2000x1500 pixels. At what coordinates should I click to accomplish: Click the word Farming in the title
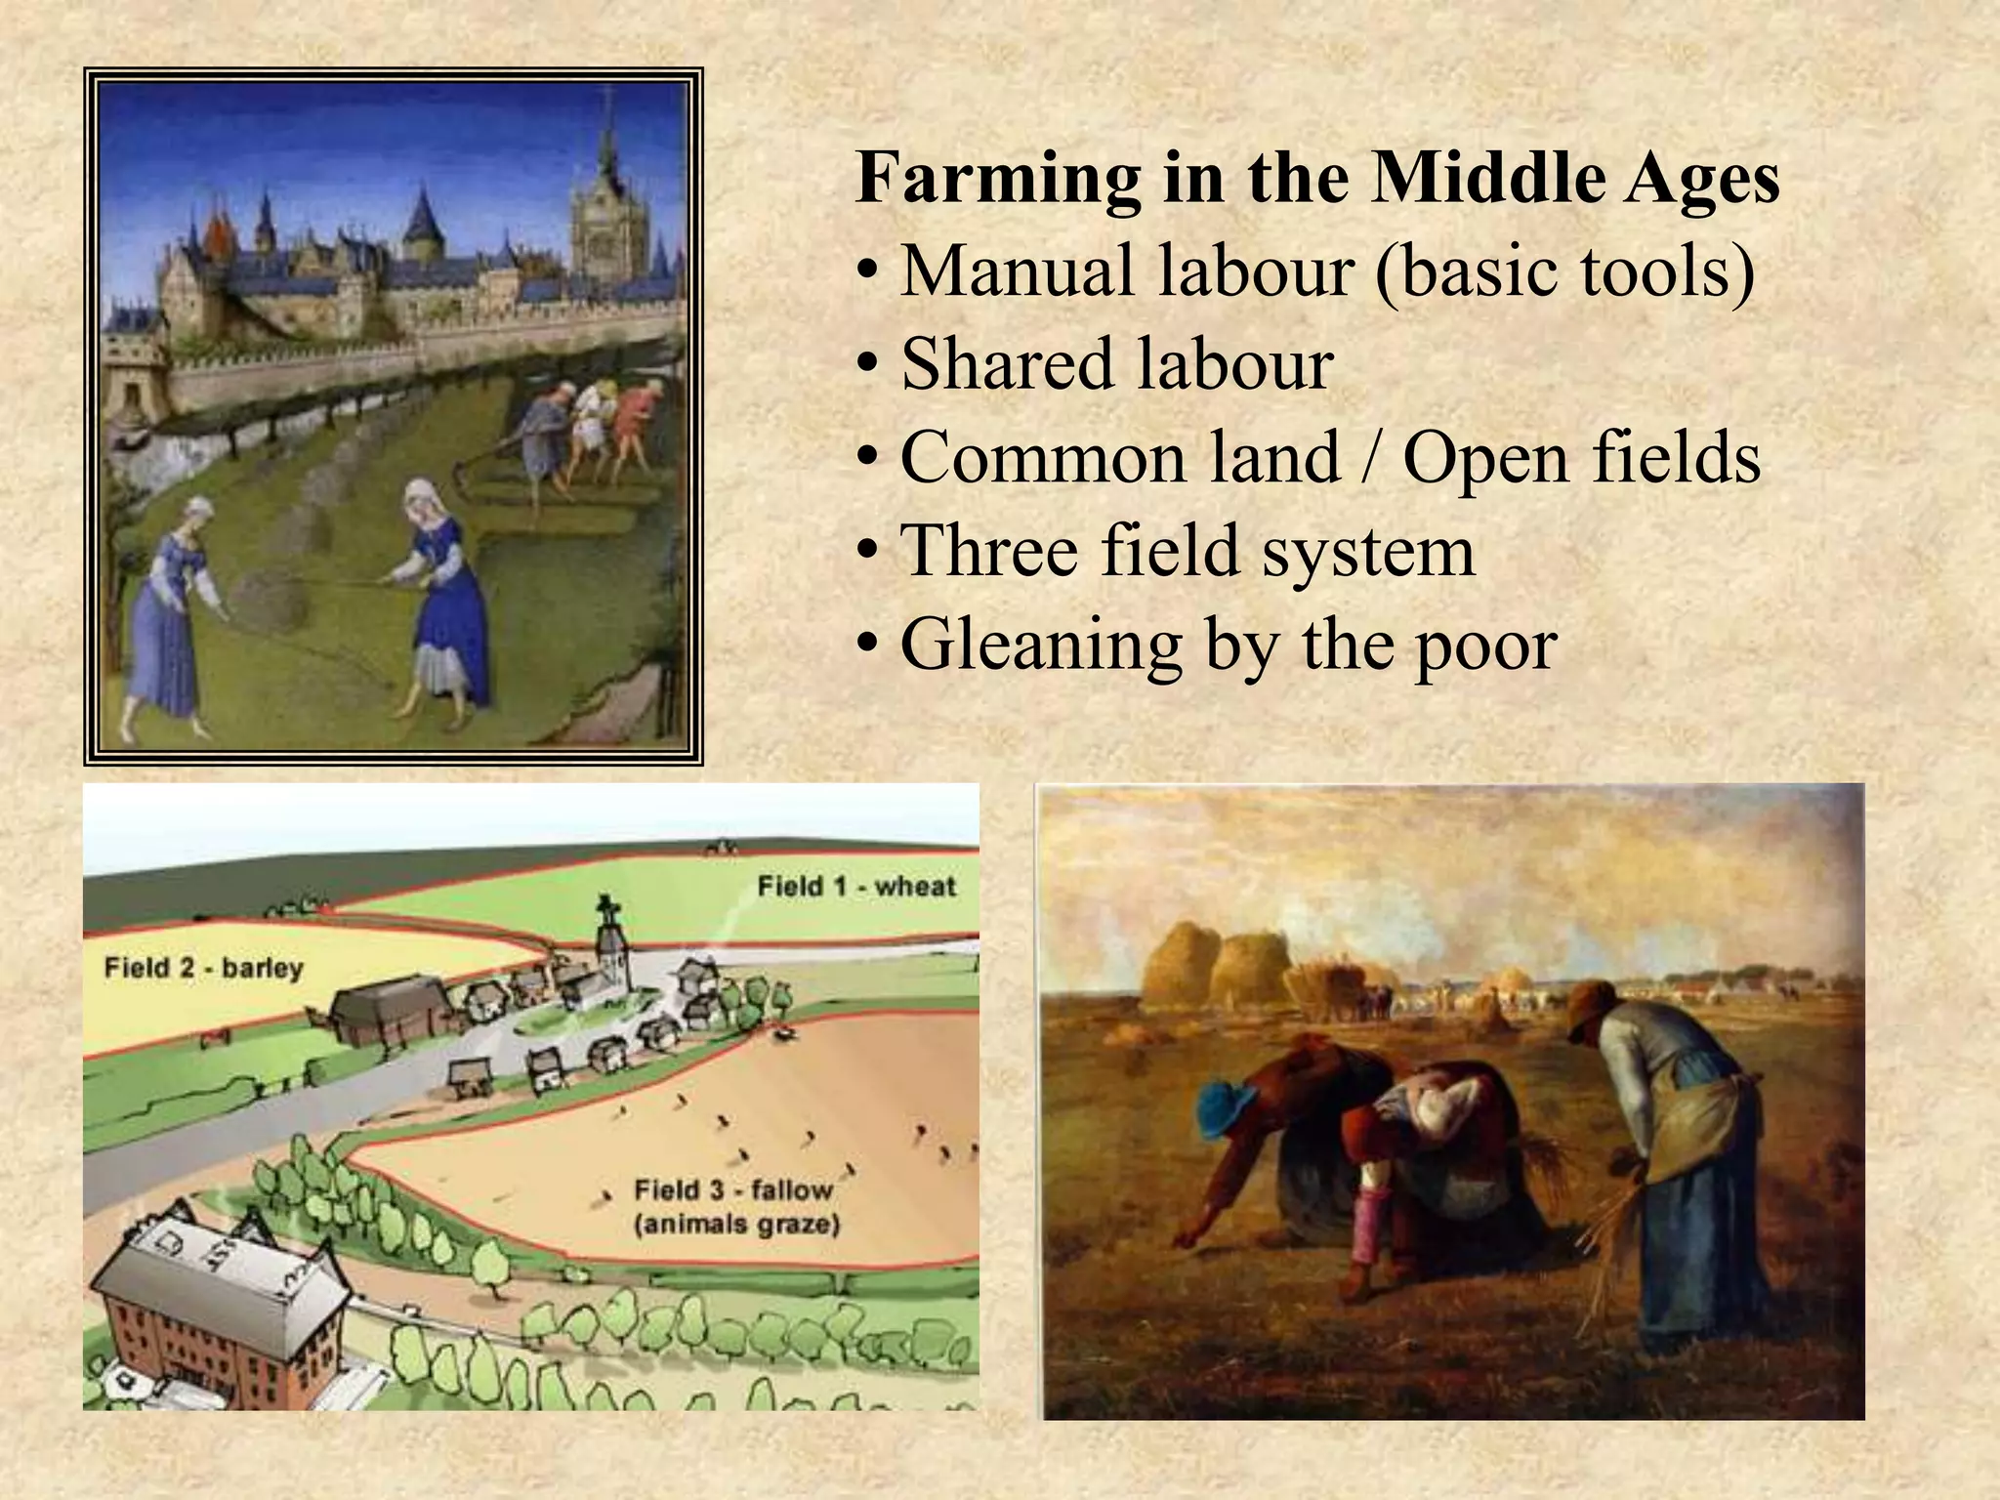tap(996, 180)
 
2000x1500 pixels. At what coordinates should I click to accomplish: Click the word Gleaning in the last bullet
tap(1039, 646)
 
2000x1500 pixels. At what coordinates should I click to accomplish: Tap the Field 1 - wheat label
tap(856, 887)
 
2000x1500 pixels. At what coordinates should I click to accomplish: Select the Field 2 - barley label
tap(203, 969)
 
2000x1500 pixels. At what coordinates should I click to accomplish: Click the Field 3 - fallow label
tap(733, 1190)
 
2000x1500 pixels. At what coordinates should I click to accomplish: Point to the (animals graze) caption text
tap(737, 1225)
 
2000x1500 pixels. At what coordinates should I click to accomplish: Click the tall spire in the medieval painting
tap(606, 146)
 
